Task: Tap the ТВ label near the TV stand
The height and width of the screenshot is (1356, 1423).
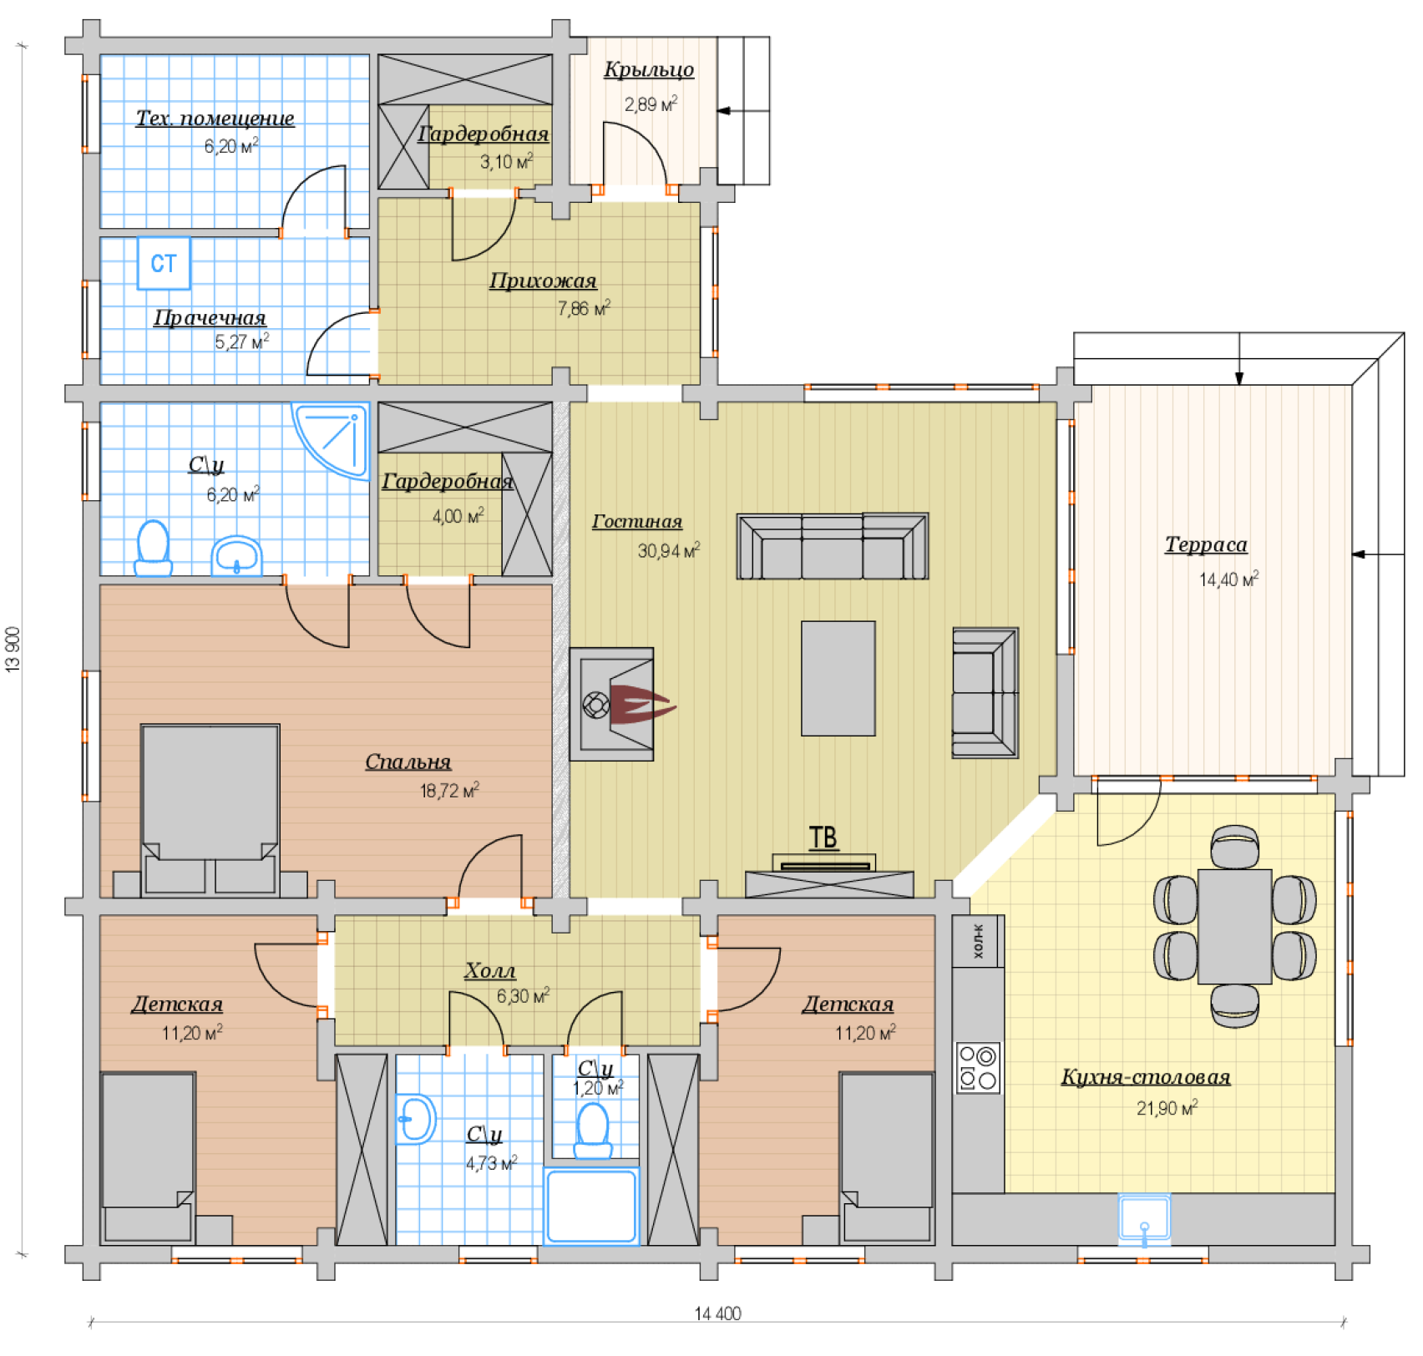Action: (823, 837)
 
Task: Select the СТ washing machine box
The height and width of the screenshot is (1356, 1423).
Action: (164, 263)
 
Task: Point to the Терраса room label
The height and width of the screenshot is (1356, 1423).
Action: (1206, 544)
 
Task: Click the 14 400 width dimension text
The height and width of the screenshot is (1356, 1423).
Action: (717, 1313)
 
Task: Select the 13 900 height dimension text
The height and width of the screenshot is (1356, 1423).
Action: (13, 650)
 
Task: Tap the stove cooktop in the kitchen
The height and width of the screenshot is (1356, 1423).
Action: (978, 1068)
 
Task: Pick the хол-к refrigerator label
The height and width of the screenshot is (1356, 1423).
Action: (978, 941)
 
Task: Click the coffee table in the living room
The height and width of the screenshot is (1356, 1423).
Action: (838, 678)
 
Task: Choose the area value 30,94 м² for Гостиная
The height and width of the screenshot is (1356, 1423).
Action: (669, 550)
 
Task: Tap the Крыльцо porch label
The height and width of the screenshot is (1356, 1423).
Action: (649, 69)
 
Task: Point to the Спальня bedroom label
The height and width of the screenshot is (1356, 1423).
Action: (408, 761)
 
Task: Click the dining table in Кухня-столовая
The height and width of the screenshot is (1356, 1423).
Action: (1235, 927)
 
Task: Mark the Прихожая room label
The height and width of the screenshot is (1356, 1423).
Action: (543, 281)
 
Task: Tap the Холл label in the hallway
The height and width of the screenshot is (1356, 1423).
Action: (489, 970)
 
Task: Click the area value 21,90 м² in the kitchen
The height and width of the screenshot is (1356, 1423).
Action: (1167, 1108)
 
